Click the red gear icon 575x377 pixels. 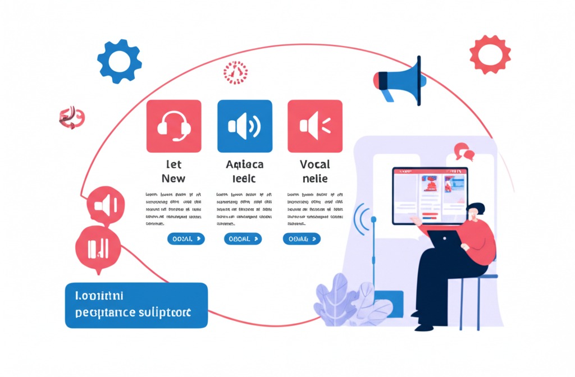click(x=490, y=54)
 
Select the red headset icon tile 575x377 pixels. click(x=174, y=126)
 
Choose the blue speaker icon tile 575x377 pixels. click(x=244, y=126)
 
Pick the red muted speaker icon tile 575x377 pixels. click(x=314, y=126)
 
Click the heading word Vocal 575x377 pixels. click(x=314, y=164)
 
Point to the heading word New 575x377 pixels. click(x=173, y=178)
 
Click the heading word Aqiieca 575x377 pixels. click(x=244, y=164)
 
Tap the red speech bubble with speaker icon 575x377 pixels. click(x=104, y=206)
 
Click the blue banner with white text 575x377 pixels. click(x=136, y=305)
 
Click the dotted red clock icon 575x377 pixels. click(x=235, y=72)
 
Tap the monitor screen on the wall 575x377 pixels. click(x=430, y=195)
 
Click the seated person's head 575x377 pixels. click(x=476, y=212)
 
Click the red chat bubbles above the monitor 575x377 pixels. click(x=464, y=151)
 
